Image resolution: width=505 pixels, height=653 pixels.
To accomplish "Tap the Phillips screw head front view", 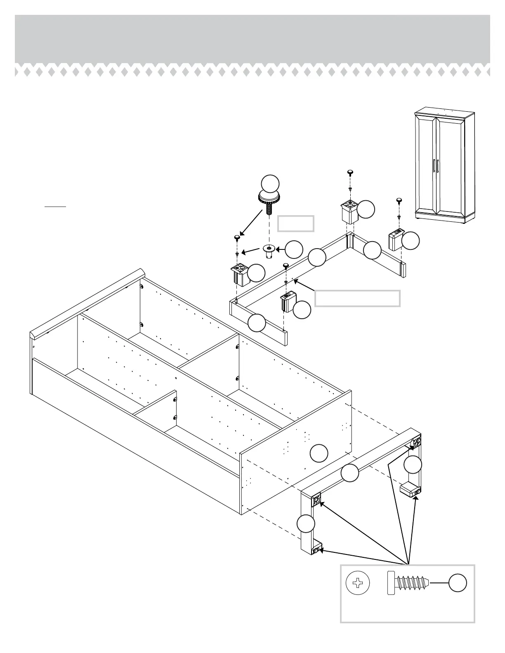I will coord(358,583).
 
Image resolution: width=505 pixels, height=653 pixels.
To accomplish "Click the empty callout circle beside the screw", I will coord(458,583).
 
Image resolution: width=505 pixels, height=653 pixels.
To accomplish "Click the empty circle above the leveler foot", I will coord(271,183).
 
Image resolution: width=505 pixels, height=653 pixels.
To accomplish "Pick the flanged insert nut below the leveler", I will coord(269,250).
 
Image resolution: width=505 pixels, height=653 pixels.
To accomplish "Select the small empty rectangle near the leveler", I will coord(296,223).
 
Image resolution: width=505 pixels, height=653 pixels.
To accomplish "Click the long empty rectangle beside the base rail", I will coord(357,298).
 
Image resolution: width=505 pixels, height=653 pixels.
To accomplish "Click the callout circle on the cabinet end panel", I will coord(319,453).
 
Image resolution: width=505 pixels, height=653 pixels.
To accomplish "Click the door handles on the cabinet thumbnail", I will coord(436,167).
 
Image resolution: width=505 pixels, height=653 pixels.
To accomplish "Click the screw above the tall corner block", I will coord(350,172).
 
